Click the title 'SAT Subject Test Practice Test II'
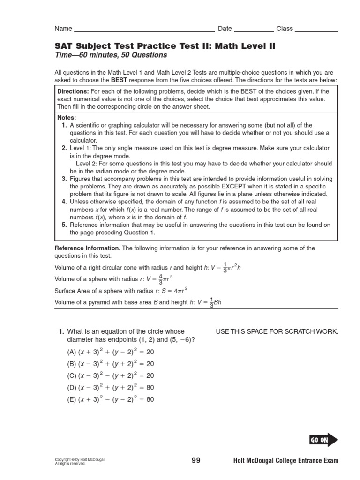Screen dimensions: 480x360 tap(165, 46)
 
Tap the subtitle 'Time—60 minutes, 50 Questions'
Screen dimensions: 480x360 tap(111, 55)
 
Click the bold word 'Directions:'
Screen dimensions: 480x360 tap(73, 91)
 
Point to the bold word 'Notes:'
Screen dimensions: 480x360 tap(67, 118)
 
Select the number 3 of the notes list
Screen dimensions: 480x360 tap(64, 179)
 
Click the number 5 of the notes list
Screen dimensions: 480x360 tap(64, 225)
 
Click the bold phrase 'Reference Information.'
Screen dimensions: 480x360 tap(88, 248)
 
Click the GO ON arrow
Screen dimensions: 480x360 tap(323, 440)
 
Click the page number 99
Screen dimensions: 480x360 tap(196, 461)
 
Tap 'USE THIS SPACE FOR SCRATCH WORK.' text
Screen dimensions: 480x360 tap(277, 332)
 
